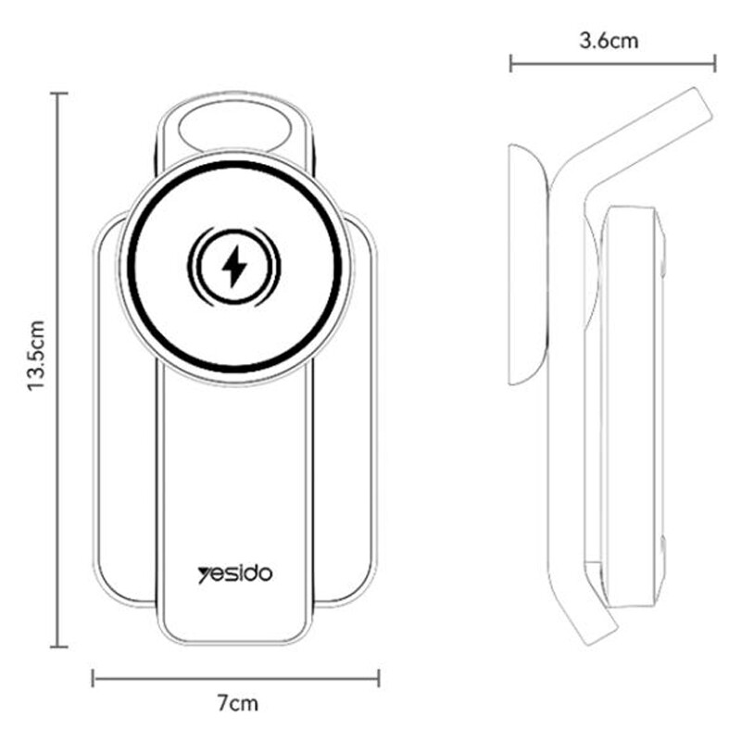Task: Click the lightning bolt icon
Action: (234, 267)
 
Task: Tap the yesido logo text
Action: (235, 574)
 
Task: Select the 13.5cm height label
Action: (36, 356)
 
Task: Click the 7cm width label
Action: (238, 703)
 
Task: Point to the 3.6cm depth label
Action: (609, 41)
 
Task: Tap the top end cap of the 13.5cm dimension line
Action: (58, 94)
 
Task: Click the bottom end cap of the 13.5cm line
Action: (58, 647)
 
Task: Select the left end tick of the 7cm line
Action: (94, 678)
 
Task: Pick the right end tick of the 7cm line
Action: (379, 678)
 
